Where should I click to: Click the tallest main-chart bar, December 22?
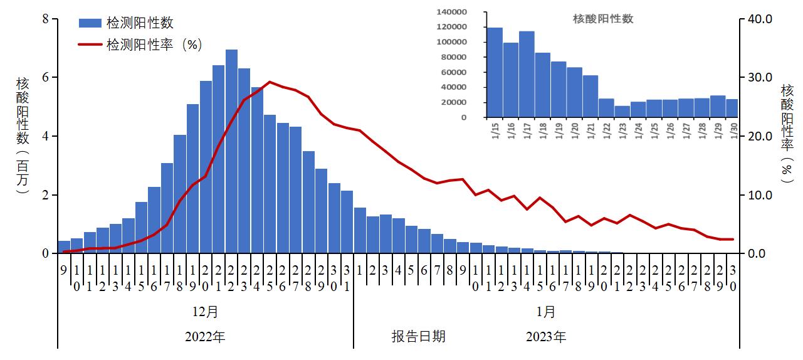coord(231,151)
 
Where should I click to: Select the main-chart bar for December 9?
coord(64,247)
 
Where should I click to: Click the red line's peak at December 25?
coord(270,82)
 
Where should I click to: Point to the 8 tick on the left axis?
coord(45,19)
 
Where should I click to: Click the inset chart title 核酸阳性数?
coord(603,19)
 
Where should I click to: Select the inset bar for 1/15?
coord(495,72)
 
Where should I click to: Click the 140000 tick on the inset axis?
coord(454,12)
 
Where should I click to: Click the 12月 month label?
coord(206,312)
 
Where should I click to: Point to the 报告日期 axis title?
coord(419,336)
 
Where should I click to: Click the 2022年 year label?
coord(205,337)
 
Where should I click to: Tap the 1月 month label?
coord(545,312)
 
